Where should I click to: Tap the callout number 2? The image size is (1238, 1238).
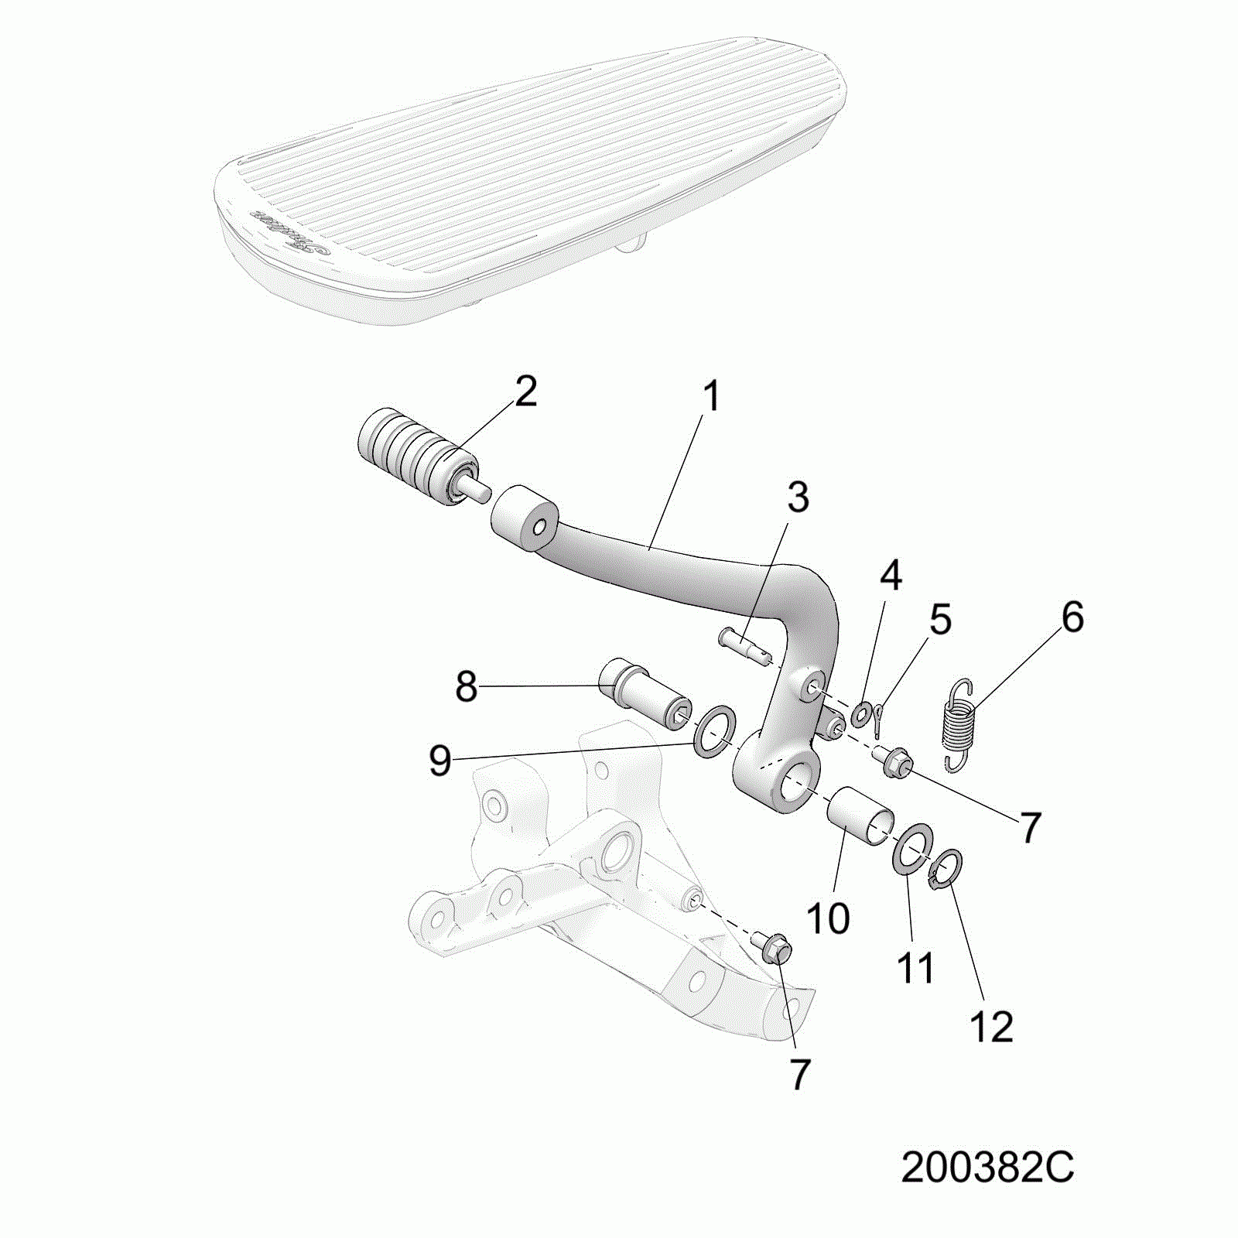[525, 392]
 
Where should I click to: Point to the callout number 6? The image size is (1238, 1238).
[1072, 617]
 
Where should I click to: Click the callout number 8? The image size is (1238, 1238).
[466, 686]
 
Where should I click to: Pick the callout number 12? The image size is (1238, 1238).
[991, 1027]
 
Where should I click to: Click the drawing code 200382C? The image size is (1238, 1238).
[987, 1168]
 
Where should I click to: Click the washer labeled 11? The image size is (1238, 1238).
[913, 850]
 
